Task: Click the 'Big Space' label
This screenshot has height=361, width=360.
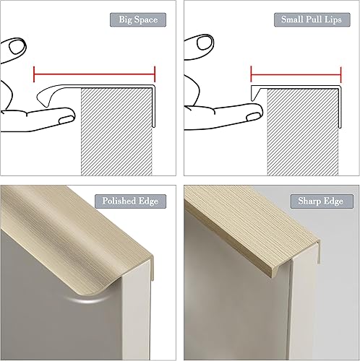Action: coord(137,19)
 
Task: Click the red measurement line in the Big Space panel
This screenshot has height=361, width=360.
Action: coord(94,74)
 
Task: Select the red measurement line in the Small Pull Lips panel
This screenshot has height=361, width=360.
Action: coord(295,74)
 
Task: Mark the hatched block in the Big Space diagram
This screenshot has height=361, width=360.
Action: coord(116,130)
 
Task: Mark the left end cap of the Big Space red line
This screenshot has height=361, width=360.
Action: coord(35,74)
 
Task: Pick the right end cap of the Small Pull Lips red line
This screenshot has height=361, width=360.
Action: coord(340,74)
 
